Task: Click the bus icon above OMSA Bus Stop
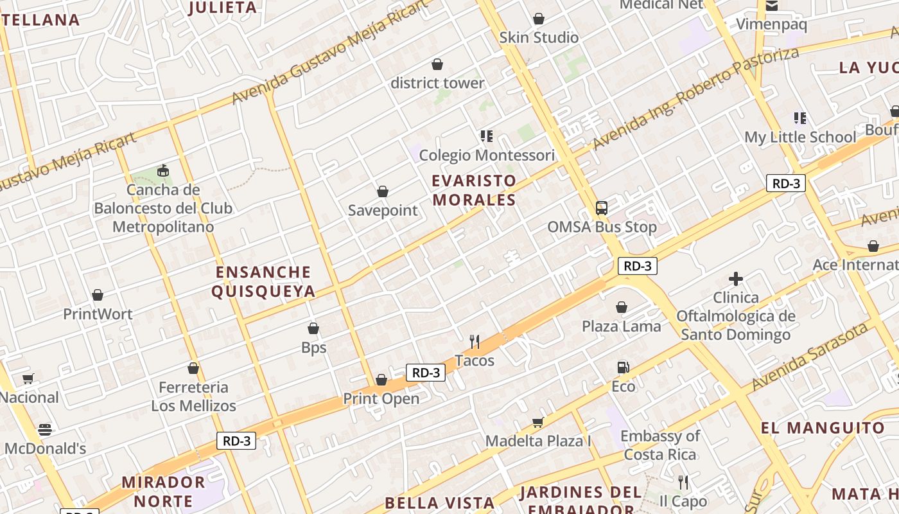[602, 208]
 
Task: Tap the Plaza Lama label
[621, 326]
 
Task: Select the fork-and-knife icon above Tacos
[475, 341]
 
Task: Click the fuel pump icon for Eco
[622, 368]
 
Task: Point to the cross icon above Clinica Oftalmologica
[736, 279]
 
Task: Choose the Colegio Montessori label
[487, 155]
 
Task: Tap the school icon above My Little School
[799, 118]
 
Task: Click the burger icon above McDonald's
[44, 429]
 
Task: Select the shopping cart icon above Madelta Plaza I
[537, 422]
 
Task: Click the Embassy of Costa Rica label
[660, 445]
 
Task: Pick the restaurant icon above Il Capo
[683, 482]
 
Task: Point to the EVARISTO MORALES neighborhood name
[474, 190]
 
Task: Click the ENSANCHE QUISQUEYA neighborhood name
[263, 281]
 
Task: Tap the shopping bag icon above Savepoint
[383, 191]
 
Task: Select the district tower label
[437, 83]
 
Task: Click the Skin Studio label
[539, 37]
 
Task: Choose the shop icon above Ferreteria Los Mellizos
[193, 368]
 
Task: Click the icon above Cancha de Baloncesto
[162, 170]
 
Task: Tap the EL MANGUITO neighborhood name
[823, 428]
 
